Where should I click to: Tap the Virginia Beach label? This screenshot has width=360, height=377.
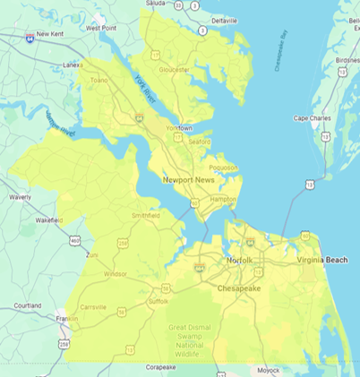point(322,260)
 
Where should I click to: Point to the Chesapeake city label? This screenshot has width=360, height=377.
point(238,289)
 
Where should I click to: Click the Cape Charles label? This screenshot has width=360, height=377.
point(313,118)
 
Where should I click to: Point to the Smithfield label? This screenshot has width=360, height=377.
point(145,216)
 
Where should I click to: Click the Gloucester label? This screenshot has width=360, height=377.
point(174,69)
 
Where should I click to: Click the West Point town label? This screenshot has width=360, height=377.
point(104,28)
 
